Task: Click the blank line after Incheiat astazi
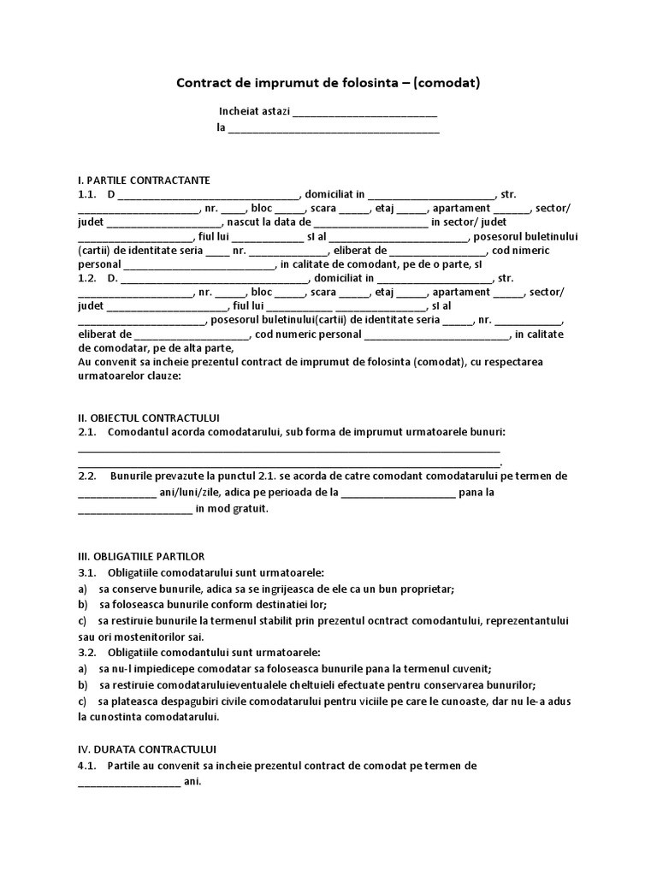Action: [365, 113]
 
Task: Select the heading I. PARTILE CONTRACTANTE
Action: [144, 180]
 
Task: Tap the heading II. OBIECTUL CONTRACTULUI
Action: [148, 417]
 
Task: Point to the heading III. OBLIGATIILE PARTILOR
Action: [141, 556]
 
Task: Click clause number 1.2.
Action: [86, 278]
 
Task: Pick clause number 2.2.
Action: [86, 476]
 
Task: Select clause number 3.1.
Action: [86, 572]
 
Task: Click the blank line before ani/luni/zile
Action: [116, 494]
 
